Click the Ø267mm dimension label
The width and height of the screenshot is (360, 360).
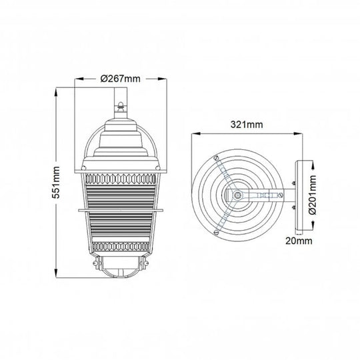[x=120, y=79]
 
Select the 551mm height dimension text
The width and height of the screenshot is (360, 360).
[x=56, y=183]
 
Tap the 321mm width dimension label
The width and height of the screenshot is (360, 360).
[x=247, y=125]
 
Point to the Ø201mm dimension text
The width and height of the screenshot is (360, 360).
[x=313, y=195]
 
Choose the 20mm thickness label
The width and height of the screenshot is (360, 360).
[x=299, y=241]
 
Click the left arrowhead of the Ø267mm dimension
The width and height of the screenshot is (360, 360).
[x=79, y=79]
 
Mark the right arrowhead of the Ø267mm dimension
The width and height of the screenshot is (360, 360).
[x=162, y=79]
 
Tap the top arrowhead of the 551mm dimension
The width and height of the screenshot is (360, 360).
[x=56, y=91]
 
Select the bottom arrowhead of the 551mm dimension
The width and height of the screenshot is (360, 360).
[x=56, y=273]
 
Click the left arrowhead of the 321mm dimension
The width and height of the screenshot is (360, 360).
[x=196, y=133]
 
